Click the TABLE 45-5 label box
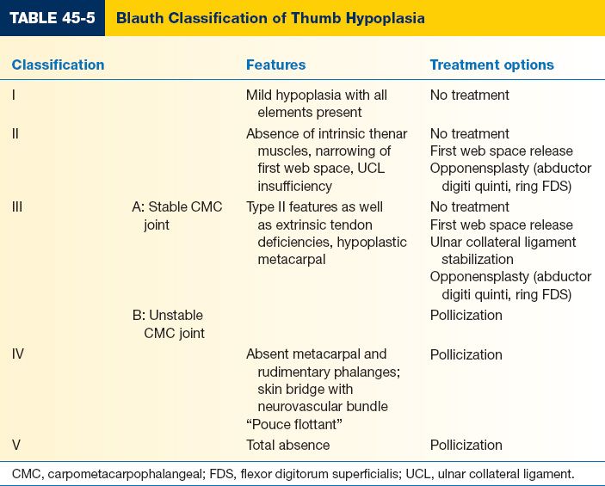point(52,17)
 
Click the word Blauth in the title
point(140,17)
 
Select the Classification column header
point(58,65)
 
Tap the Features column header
point(275,65)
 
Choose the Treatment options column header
point(491,65)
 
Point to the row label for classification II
point(15,133)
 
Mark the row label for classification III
point(17,206)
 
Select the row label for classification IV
point(18,354)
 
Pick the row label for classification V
point(15,445)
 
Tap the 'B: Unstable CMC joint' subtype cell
point(168,323)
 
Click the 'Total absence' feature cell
point(287,445)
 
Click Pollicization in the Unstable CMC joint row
point(466,315)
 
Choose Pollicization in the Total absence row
point(466,445)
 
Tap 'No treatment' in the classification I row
point(469,95)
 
